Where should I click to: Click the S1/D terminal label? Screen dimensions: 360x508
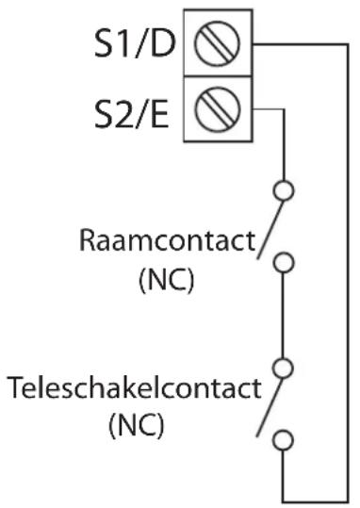click(x=135, y=43)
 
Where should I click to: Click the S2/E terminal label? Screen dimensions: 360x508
click(x=132, y=114)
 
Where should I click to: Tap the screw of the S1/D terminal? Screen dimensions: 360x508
click(x=217, y=43)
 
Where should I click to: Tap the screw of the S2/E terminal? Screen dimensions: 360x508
click(x=218, y=109)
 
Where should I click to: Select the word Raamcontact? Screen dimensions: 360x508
click(x=167, y=240)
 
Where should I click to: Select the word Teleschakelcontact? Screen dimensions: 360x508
click(x=134, y=387)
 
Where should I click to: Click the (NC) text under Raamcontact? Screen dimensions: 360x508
click(x=167, y=280)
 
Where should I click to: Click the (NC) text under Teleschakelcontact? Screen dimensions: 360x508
click(x=136, y=425)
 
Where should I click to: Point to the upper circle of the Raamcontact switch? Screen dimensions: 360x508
click(x=284, y=190)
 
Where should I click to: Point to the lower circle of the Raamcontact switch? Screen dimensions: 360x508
click(x=284, y=262)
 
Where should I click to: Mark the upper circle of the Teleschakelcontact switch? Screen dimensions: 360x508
click(x=284, y=368)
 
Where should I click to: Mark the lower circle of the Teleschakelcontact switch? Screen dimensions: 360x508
click(x=284, y=440)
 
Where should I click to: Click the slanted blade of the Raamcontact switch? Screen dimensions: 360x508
click(x=270, y=230)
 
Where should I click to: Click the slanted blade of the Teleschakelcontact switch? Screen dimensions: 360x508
click(x=270, y=407)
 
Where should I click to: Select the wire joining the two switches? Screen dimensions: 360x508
click(x=283, y=315)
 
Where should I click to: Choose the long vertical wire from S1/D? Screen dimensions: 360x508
click(x=348, y=272)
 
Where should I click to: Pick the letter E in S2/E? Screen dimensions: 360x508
click(x=160, y=114)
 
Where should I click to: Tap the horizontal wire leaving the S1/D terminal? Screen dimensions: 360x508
click(x=301, y=44)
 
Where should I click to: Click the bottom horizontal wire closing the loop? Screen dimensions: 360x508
click(x=316, y=501)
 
